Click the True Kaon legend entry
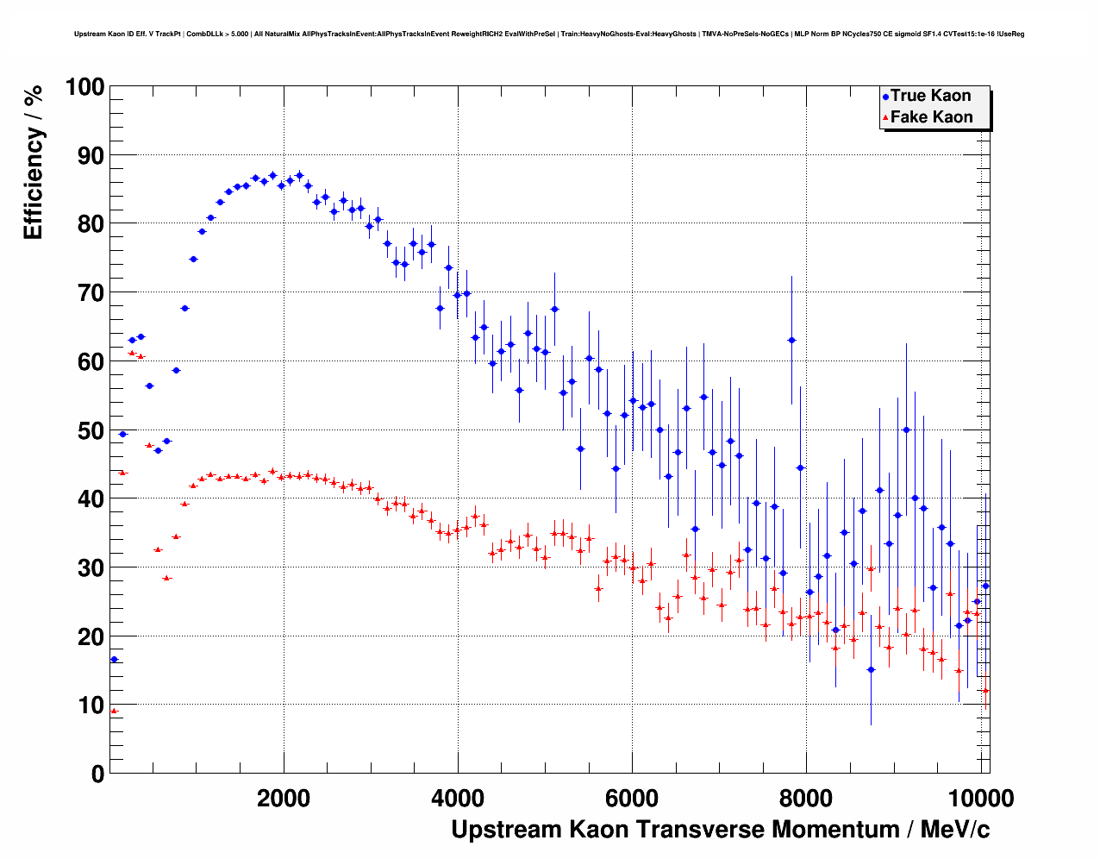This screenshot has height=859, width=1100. [930, 96]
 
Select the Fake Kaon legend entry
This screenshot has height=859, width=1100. [931, 117]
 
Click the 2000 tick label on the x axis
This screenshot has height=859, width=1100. [284, 799]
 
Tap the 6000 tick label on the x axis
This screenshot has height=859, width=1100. [633, 799]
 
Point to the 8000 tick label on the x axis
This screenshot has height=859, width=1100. [807, 799]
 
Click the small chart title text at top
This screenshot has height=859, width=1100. [549, 34]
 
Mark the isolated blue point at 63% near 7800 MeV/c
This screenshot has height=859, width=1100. [791, 341]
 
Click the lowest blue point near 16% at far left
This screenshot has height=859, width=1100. [114, 660]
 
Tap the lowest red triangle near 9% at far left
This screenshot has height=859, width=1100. [114, 712]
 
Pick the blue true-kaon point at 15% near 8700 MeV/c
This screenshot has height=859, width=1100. [871, 669]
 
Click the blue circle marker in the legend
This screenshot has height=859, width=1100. [885, 97]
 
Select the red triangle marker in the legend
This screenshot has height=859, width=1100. [885, 118]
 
